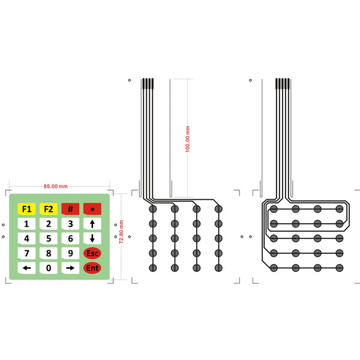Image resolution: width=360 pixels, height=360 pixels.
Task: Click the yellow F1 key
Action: tap(26, 209)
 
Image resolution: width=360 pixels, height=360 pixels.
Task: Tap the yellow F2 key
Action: tap(49, 209)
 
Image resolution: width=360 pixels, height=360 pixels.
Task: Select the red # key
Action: tap(70, 209)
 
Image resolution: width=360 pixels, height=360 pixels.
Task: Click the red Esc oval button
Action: tap(92, 253)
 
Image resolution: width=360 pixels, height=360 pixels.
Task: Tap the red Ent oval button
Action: tap(92, 268)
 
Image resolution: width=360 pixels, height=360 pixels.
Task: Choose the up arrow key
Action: tap(92, 224)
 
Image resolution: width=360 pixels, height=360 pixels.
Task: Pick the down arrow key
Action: tap(92, 239)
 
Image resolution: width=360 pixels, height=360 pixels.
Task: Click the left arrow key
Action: tap(26, 268)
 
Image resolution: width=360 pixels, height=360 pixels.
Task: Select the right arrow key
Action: tap(70, 268)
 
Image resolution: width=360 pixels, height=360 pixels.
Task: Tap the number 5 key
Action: tap(49, 239)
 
